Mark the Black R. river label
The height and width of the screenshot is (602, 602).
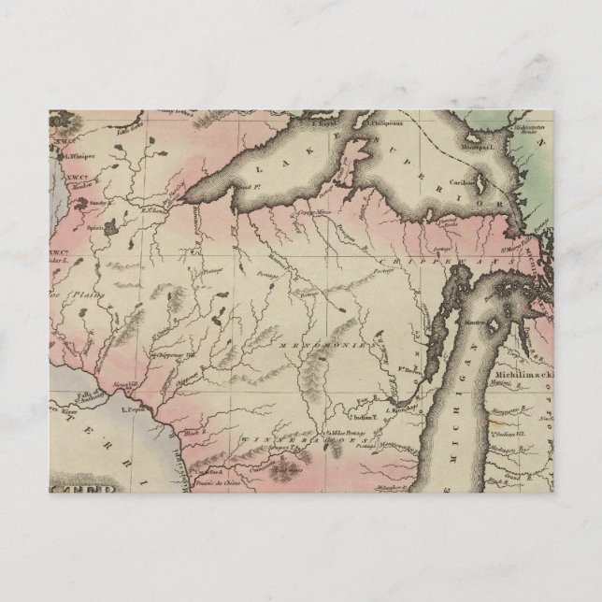tap(193, 435)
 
